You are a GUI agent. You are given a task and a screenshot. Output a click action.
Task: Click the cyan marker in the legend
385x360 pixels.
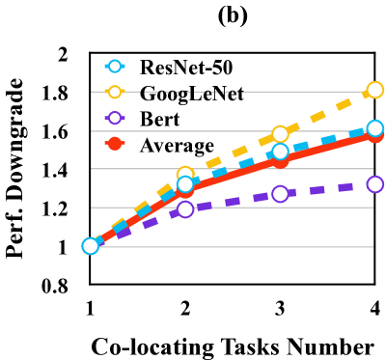(x=115, y=67)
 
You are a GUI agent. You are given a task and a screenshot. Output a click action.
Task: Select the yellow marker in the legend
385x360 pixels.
(x=115, y=93)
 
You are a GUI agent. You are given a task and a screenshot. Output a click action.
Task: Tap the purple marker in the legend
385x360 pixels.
(x=115, y=118)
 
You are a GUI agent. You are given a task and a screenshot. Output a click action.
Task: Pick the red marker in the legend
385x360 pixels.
(x=115, y=144)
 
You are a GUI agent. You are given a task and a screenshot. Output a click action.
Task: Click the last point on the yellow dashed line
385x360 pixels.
(x=375, y=90)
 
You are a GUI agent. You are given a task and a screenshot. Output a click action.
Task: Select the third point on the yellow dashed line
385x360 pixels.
(x=280, y=134)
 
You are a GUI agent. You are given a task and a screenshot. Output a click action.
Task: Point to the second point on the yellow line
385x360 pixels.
(x=185, y=175)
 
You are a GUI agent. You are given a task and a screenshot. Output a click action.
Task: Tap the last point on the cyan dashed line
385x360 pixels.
(x=375, y=128)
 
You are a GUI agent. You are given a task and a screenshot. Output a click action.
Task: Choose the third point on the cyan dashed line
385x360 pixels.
(x=280, y=152)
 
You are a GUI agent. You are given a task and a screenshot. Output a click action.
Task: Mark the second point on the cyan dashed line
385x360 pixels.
(x=185, y=184)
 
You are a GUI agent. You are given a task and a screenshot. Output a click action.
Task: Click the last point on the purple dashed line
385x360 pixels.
(x=375, y=184)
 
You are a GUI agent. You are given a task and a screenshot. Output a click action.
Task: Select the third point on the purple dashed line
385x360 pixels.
(x=280, y=194)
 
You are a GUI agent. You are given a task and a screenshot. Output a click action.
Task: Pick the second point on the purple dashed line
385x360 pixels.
(x=185, y=209)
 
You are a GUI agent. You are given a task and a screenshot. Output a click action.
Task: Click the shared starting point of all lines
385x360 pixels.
(x=91, y=246)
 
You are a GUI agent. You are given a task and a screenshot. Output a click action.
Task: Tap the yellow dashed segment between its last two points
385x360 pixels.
(x=328, y=112)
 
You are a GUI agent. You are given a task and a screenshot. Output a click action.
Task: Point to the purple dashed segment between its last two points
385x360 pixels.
(x=328, y=189)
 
